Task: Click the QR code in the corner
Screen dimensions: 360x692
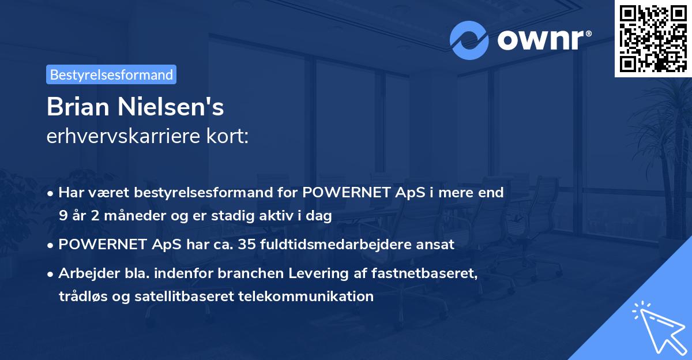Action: [x=653, y=38]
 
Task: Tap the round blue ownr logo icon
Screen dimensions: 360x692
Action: [x=469, y=40]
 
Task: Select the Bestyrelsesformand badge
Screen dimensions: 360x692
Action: [x=111, y=74]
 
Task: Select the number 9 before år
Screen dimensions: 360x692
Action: [x=62, y=216]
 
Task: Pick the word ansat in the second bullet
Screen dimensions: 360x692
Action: [x=437, y=245]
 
